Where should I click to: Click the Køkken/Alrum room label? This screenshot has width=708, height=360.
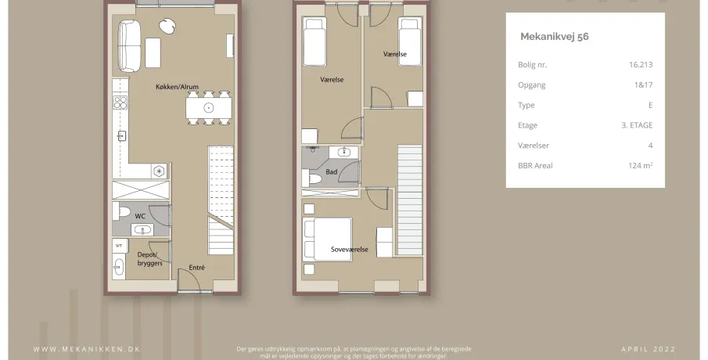[177, 87]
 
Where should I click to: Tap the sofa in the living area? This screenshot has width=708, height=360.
[129, 45]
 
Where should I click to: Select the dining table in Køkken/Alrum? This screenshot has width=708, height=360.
[209, 108]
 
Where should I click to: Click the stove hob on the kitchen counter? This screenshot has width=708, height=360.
[120, 103]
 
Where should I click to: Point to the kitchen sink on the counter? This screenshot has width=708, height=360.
[121, 135]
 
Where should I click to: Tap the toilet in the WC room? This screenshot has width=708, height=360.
[121, 211]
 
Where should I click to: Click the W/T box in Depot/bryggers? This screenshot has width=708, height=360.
[120, 246]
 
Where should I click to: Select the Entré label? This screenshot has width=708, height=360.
[197, 268]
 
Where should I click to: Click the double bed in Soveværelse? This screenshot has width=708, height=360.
[327, 239]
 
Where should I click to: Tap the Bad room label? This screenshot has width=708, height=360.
[332, 171]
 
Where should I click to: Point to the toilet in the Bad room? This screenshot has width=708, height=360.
[311, 178]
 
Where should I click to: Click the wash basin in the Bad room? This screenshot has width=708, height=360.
[344, 152]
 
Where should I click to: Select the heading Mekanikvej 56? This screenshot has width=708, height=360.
[555, 37]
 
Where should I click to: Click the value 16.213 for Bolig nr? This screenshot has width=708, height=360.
[641, 65]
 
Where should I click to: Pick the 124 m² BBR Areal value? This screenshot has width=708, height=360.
[640, 165]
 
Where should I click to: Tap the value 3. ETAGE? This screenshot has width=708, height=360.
[637, 125]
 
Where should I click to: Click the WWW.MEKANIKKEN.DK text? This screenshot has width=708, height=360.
[87, 349]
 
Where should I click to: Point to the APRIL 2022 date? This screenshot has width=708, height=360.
[649, 349]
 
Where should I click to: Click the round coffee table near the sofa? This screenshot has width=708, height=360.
[167, 26]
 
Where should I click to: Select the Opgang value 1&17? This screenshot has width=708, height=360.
[643, 85]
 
